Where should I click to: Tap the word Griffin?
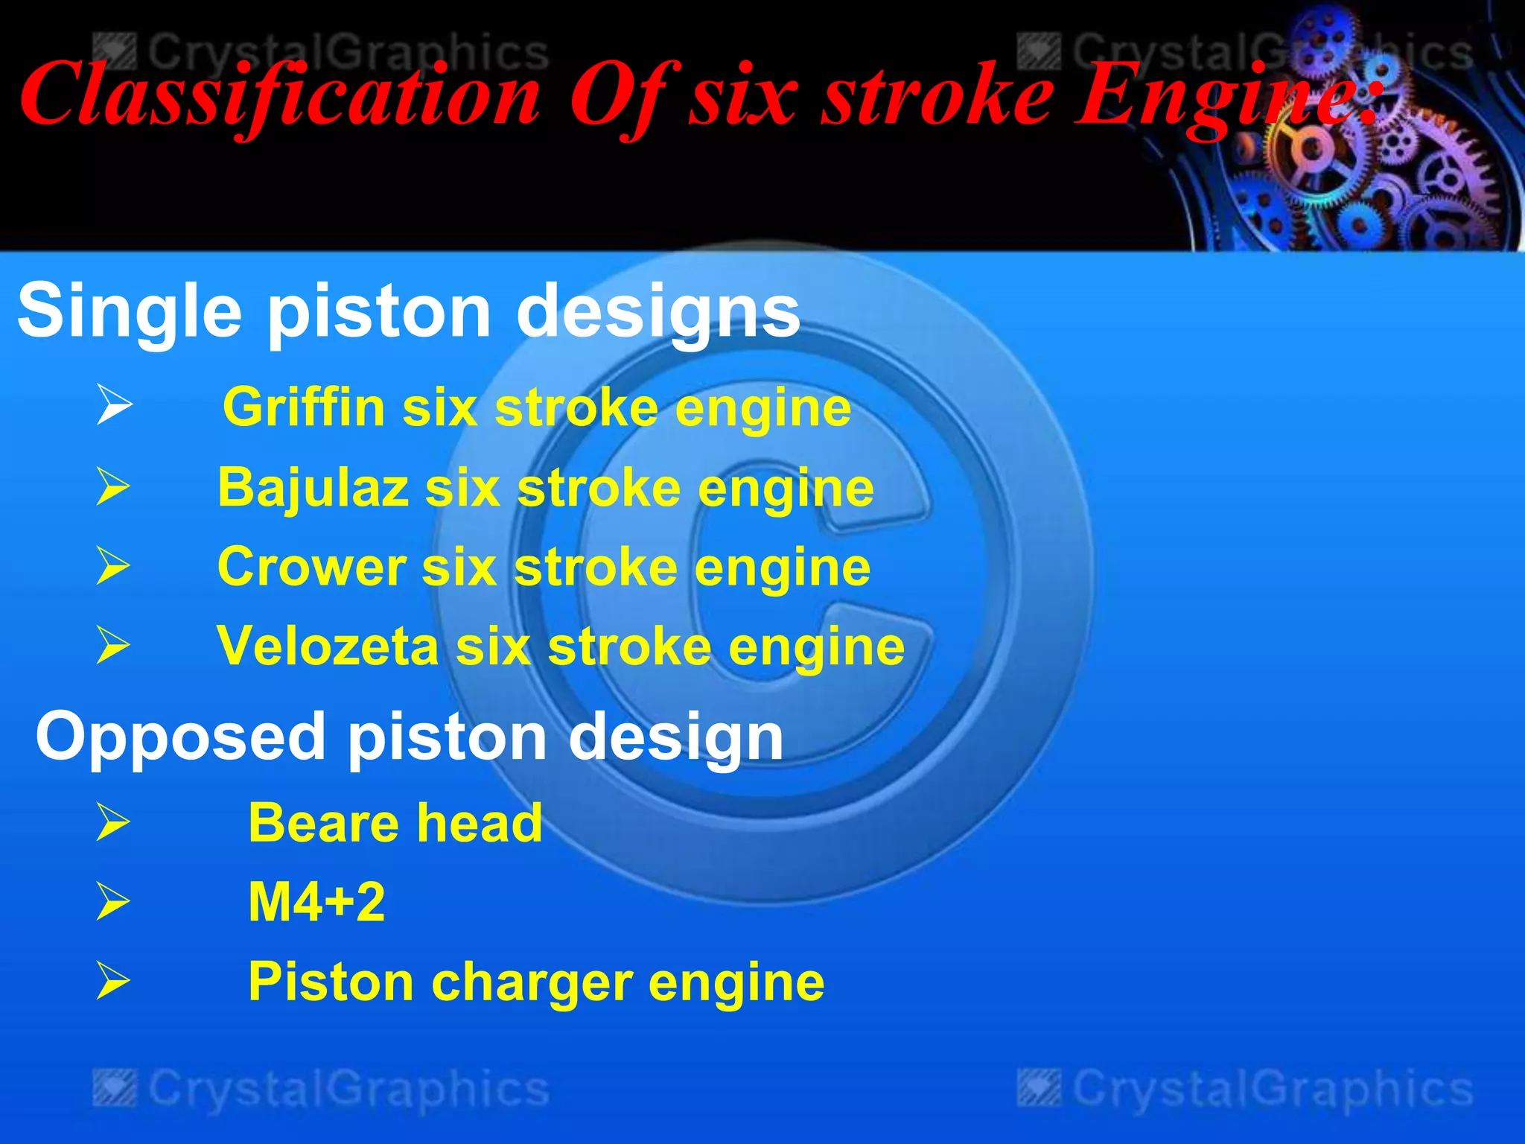coord(304,408)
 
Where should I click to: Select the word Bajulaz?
coord(313,489)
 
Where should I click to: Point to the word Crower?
coord(311,568)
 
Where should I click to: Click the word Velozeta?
coord(328,646)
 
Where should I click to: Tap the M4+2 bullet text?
coord(316,903)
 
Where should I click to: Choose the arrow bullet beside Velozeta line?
coord(113,645)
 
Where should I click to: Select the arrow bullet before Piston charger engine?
coord(113,981)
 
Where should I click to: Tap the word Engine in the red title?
coord(1221,97)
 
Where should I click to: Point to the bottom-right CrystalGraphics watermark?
coord(1245,1089)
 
